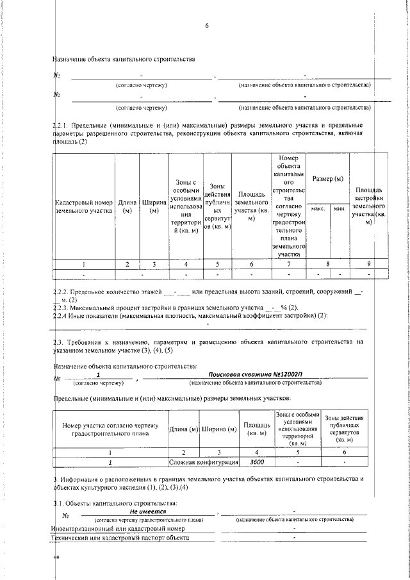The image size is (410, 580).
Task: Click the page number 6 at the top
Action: (207, 26)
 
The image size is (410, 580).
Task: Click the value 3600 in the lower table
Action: (257, 461)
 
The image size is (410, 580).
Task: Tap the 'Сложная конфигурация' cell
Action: (203, 461)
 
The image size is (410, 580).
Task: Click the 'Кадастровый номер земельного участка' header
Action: (84, 206)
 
